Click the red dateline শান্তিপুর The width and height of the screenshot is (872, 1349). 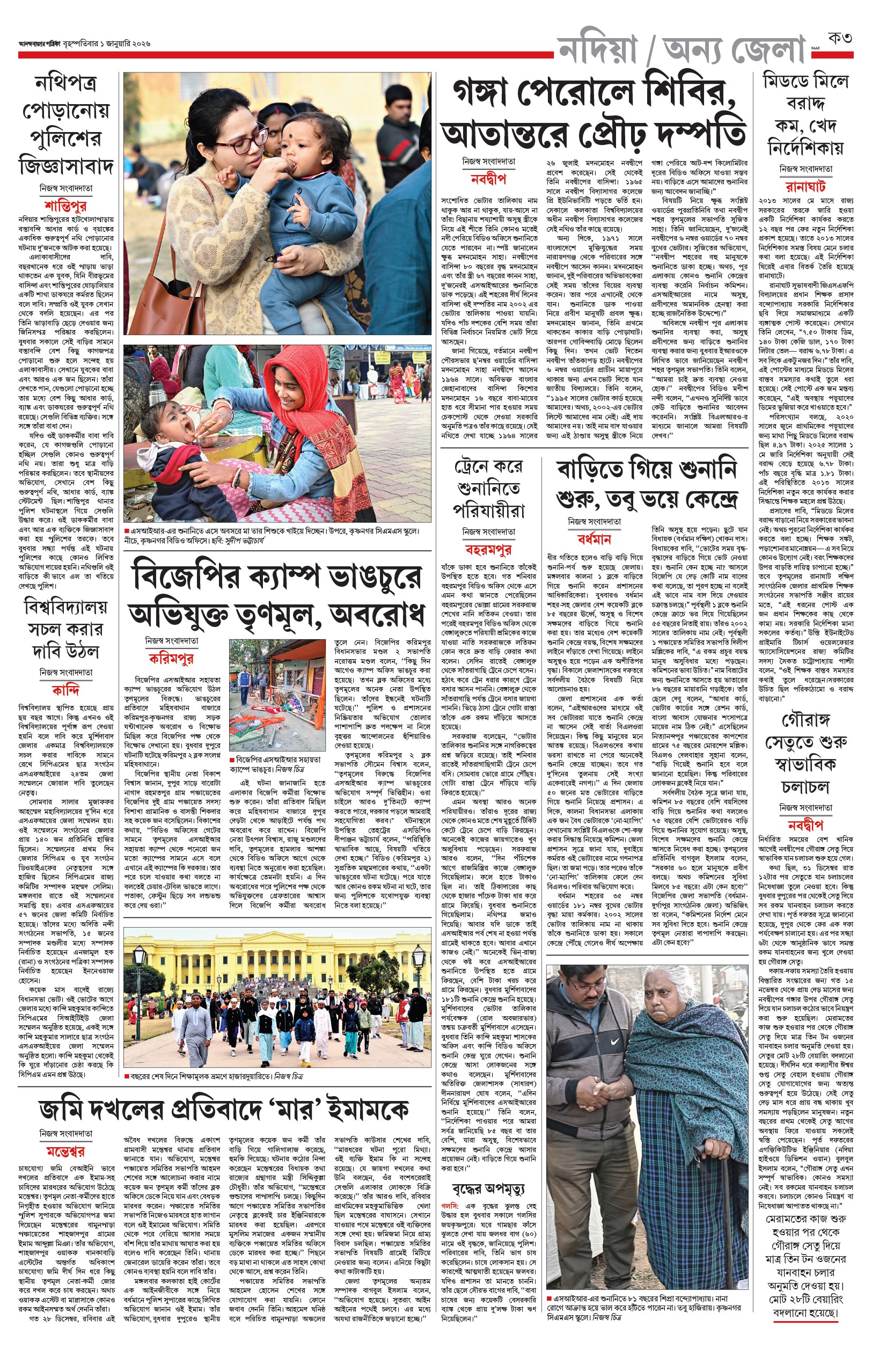pyautogui.click(x=65, y=205)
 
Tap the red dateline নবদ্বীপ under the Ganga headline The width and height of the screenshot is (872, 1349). pyautogui.click(x=488, y=179)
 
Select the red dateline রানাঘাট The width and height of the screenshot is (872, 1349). pyautogui.click(x=805, y=186)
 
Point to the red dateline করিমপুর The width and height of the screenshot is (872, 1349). pyautogui.click(x=172, y=658)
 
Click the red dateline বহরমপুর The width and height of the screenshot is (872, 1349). pyautogui.click(x=488, y=549)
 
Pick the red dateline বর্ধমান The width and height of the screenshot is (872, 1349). pyautogui.click(x=594, y=538)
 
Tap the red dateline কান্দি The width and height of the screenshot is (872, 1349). pyautogui.click(x=65, y=690)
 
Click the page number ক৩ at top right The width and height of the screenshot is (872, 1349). pyautogui.click(x=840, y=39)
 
